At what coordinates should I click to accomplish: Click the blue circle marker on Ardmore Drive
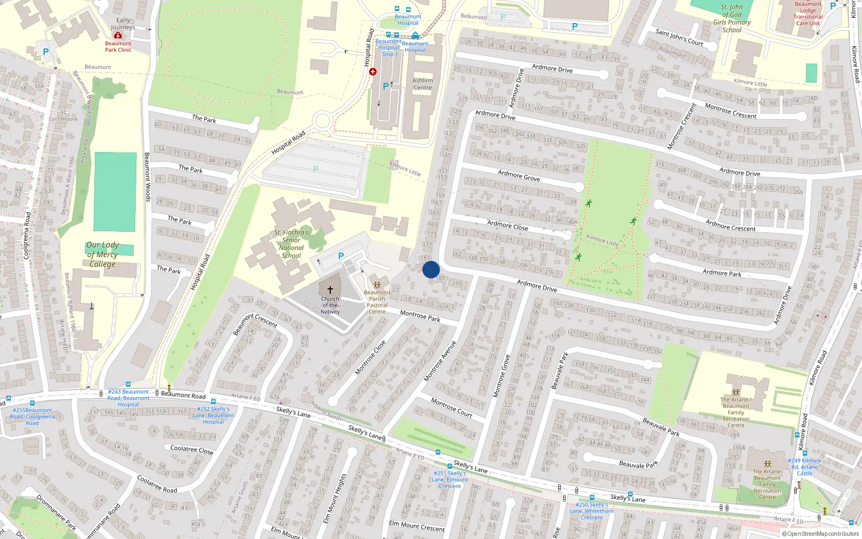(431, 269)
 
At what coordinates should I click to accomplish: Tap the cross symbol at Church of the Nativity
(330, 290)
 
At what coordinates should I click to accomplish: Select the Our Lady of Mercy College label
(102, 254)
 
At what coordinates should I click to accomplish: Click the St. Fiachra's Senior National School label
(291, 244)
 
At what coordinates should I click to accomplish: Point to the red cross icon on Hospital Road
(372, 72)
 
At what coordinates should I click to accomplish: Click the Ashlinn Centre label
(422, 84)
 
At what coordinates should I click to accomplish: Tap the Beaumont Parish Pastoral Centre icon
(377, 284)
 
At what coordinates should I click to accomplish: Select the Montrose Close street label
(370, 357)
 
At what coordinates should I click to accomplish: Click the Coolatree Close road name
(192, 450)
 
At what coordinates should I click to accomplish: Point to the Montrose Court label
(451, 407)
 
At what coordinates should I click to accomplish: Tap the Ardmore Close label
(508, 225)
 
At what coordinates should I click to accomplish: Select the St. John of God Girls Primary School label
(732, 19)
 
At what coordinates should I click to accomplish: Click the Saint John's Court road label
(679, 37)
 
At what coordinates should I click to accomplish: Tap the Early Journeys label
(123, 24)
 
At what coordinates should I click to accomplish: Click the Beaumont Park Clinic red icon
(118, 36)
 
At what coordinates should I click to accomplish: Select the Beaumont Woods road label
(148, 177)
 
